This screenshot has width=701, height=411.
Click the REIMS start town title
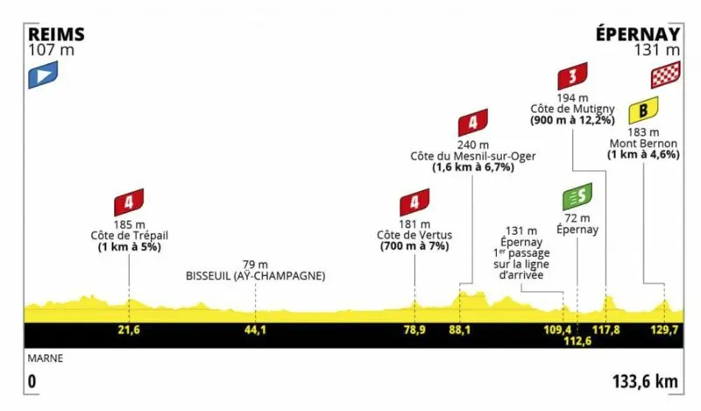(x=56, y=33)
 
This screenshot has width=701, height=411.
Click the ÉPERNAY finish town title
(x=637, y=33)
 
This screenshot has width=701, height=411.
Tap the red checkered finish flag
(x=665, y=75)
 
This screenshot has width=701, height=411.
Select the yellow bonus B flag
(x=647, y=110)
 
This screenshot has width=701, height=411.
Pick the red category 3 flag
(x=572, y=75)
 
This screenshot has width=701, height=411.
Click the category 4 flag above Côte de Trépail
(x=129, y=202)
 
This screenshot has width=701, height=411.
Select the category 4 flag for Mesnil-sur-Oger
(x=472, y=122)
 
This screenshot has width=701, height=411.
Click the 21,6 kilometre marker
(x=129, y=330)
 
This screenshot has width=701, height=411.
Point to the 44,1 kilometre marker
(x=255, y=330)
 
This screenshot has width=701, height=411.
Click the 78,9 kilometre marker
(x=414, y=330)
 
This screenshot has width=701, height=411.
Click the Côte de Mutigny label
(x=572, y=108)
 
